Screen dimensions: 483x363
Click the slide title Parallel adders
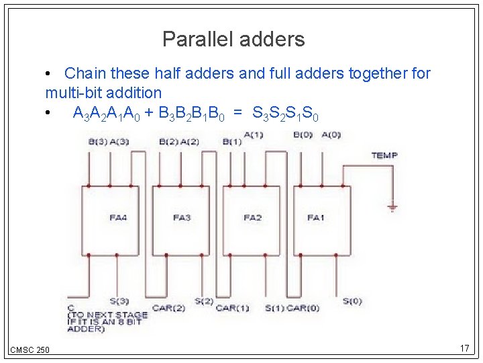tap(233, 40)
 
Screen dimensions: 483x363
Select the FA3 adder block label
tap(182, 217)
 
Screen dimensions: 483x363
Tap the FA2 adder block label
tap(252, 217)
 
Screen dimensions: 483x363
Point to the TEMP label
tap(384, 155)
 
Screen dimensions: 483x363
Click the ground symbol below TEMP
tap(393, 208)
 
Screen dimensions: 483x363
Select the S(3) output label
tap(119, 300)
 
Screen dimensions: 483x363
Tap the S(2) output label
tap(204, 300)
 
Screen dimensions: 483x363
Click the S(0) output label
tap(352, 300)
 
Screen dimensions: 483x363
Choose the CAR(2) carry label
tap(168, 308)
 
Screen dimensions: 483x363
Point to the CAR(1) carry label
tap(232, 308)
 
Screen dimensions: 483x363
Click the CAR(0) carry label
tap(303, 308)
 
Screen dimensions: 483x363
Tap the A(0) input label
tap(331, 134)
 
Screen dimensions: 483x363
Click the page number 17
tap(464, 348)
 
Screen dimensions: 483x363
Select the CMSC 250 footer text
tap(30, 350)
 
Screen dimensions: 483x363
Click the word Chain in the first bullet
tap(85, 73)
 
